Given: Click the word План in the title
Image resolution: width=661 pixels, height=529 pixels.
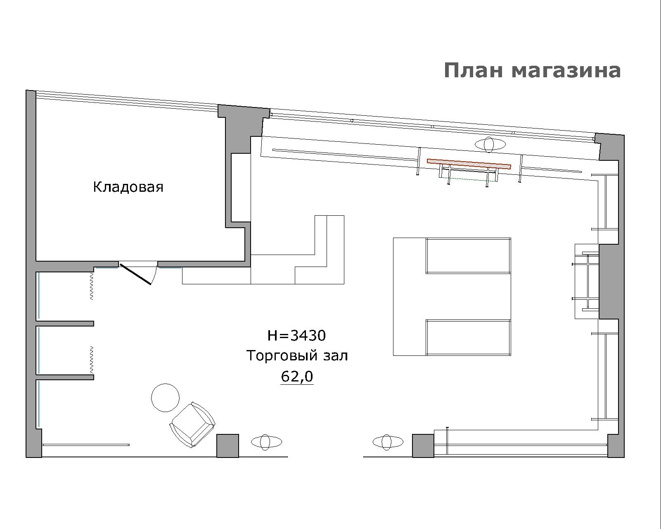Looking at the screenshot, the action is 473,70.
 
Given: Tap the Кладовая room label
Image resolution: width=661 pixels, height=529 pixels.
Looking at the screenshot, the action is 128,187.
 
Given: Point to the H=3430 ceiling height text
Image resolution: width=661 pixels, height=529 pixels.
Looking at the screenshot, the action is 296,336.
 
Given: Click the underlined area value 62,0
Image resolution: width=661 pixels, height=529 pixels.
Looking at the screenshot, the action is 297,376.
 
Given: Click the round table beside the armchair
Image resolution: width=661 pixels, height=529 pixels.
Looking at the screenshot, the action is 165,398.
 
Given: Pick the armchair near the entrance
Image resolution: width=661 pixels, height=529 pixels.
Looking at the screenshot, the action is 192,424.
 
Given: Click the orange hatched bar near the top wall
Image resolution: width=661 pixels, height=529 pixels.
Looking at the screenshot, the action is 469,164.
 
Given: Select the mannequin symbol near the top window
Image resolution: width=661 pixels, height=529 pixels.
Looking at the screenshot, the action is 490,144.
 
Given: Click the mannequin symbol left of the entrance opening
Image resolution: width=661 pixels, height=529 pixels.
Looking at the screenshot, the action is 266,442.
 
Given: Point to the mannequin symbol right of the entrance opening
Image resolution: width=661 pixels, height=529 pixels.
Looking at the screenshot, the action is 388,442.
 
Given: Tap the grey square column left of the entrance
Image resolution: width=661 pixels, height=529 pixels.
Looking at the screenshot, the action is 228,446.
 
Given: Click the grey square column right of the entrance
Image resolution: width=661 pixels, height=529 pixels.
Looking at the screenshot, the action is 423,446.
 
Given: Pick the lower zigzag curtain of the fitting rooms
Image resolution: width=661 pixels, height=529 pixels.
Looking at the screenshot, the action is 92,360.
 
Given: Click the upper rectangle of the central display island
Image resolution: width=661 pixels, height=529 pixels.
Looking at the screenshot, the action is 469,255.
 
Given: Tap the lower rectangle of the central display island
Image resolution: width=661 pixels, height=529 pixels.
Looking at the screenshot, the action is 469,338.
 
